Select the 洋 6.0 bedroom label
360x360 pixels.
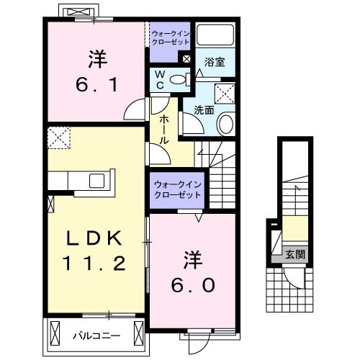[192, 271]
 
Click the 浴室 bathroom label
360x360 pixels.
[215, 63]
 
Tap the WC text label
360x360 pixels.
[158, 79]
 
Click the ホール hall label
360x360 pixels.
[164, 130]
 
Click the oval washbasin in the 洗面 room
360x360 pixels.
[225, 124]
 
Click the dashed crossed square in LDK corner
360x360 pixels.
[58, 138]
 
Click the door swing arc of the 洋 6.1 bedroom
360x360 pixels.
[133, 110]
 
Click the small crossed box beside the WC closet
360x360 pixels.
[186, 59]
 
